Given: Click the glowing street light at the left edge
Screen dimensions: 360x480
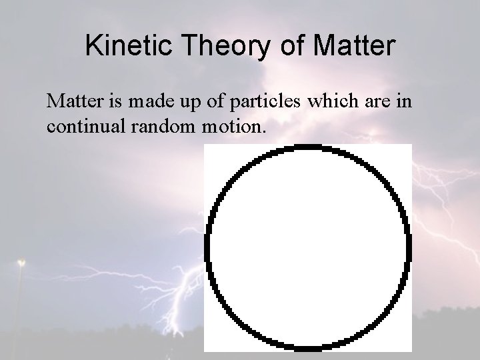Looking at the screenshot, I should [x=21, y=262].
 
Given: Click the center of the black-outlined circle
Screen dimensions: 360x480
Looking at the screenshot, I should [x=308, y=247].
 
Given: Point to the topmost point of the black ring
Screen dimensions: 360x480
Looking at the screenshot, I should [x=308, y=147].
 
